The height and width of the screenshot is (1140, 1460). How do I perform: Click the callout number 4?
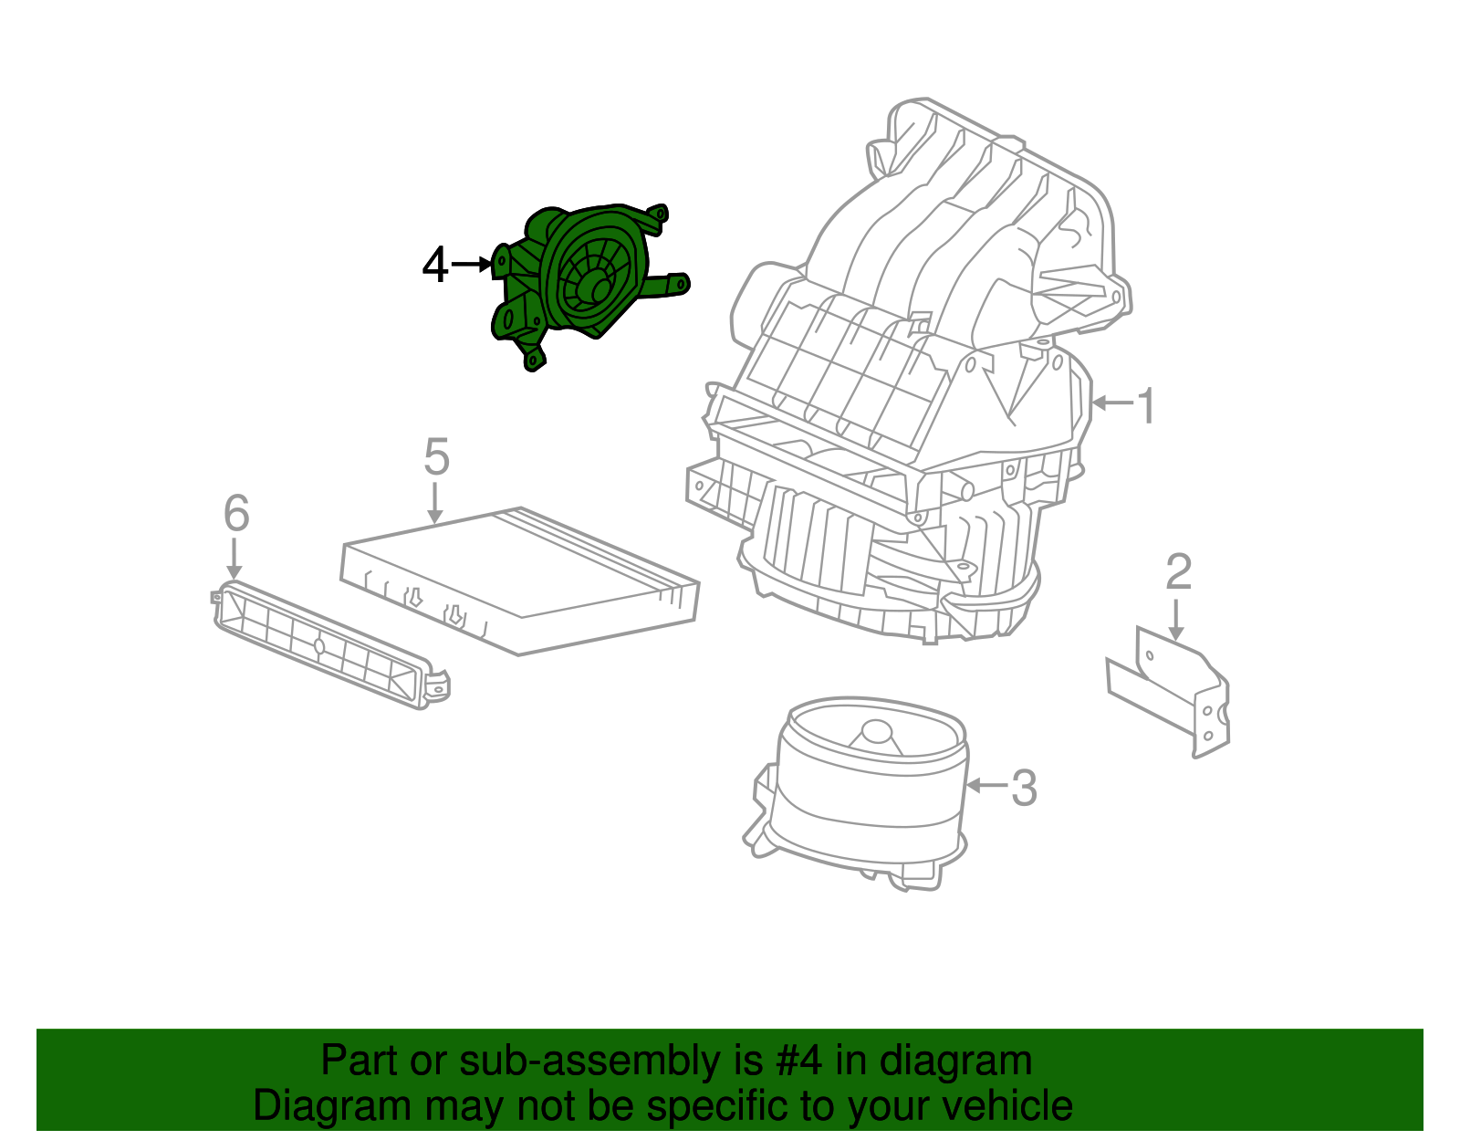click(x=435, y=266)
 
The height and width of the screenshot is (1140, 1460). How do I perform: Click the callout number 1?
click(x=1146, y=406)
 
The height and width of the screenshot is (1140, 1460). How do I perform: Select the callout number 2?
click(x=1178, y=572)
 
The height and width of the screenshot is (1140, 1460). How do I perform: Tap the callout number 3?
click(x=1024, y=788)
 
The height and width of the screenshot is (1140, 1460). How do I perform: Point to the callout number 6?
click(x=236, y=513)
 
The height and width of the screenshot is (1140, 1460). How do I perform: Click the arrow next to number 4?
click(x=473, y=265)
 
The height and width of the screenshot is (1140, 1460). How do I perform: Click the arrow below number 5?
click(x=435, y=503)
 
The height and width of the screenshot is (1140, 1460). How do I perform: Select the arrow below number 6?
click(x=235, y=558)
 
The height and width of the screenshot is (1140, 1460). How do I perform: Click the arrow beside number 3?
click(x=986, y=785)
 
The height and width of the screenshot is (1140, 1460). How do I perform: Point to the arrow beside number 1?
click(x=1112, y=403)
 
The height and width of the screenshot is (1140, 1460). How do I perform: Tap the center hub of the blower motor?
click(x=876, y=732)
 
